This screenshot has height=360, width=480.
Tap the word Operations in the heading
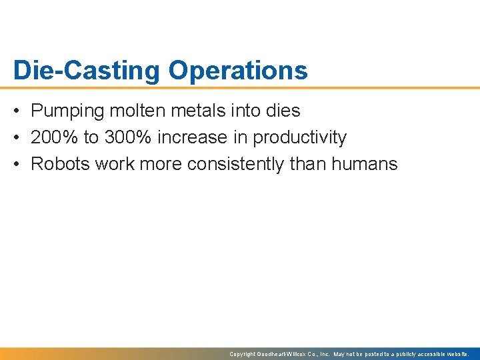pos(238,70)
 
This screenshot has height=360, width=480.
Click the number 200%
pos(54,137)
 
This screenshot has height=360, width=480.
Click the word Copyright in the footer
pos(243,354)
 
